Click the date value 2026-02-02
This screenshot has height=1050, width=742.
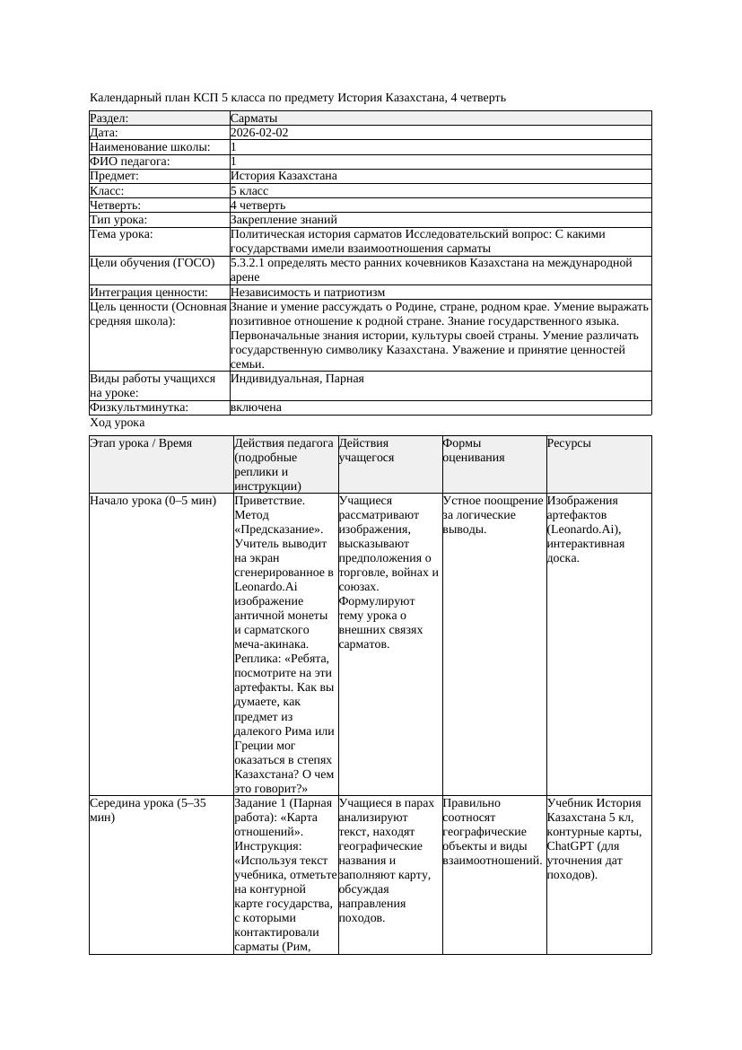pyautogui.click(x=259, y=133)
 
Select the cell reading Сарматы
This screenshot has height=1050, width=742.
pyautogui.click(x=254, y=118)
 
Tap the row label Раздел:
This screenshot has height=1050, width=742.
pyautogui.click(x=109, y=118)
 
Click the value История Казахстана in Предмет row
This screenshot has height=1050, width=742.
pyautogui.click(x=284, y=177)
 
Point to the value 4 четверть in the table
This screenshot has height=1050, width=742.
pyautogui.click(x=258, y=206)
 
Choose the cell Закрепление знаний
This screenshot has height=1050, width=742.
pyautogui.click(x=284, y=220)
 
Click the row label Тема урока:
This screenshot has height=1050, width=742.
pyautogui.click(x=121, y=234)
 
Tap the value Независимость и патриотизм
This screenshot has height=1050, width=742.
pyautogui.click(x=307, y=293)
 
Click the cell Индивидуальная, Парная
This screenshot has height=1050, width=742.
pyautogui.click(x=297, y=379)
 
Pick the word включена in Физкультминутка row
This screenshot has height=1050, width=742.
pyautogui.click(x=256, y=407)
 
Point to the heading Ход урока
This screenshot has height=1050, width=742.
pyautogui.click(x=118, y=423)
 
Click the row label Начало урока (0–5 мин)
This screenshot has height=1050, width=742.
pyautogui.click(x=153, y=501)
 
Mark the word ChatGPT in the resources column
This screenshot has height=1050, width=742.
pyautogui.click(x=570, y=846)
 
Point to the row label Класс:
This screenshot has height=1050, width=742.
pyautogui.click(x=107, y=191)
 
